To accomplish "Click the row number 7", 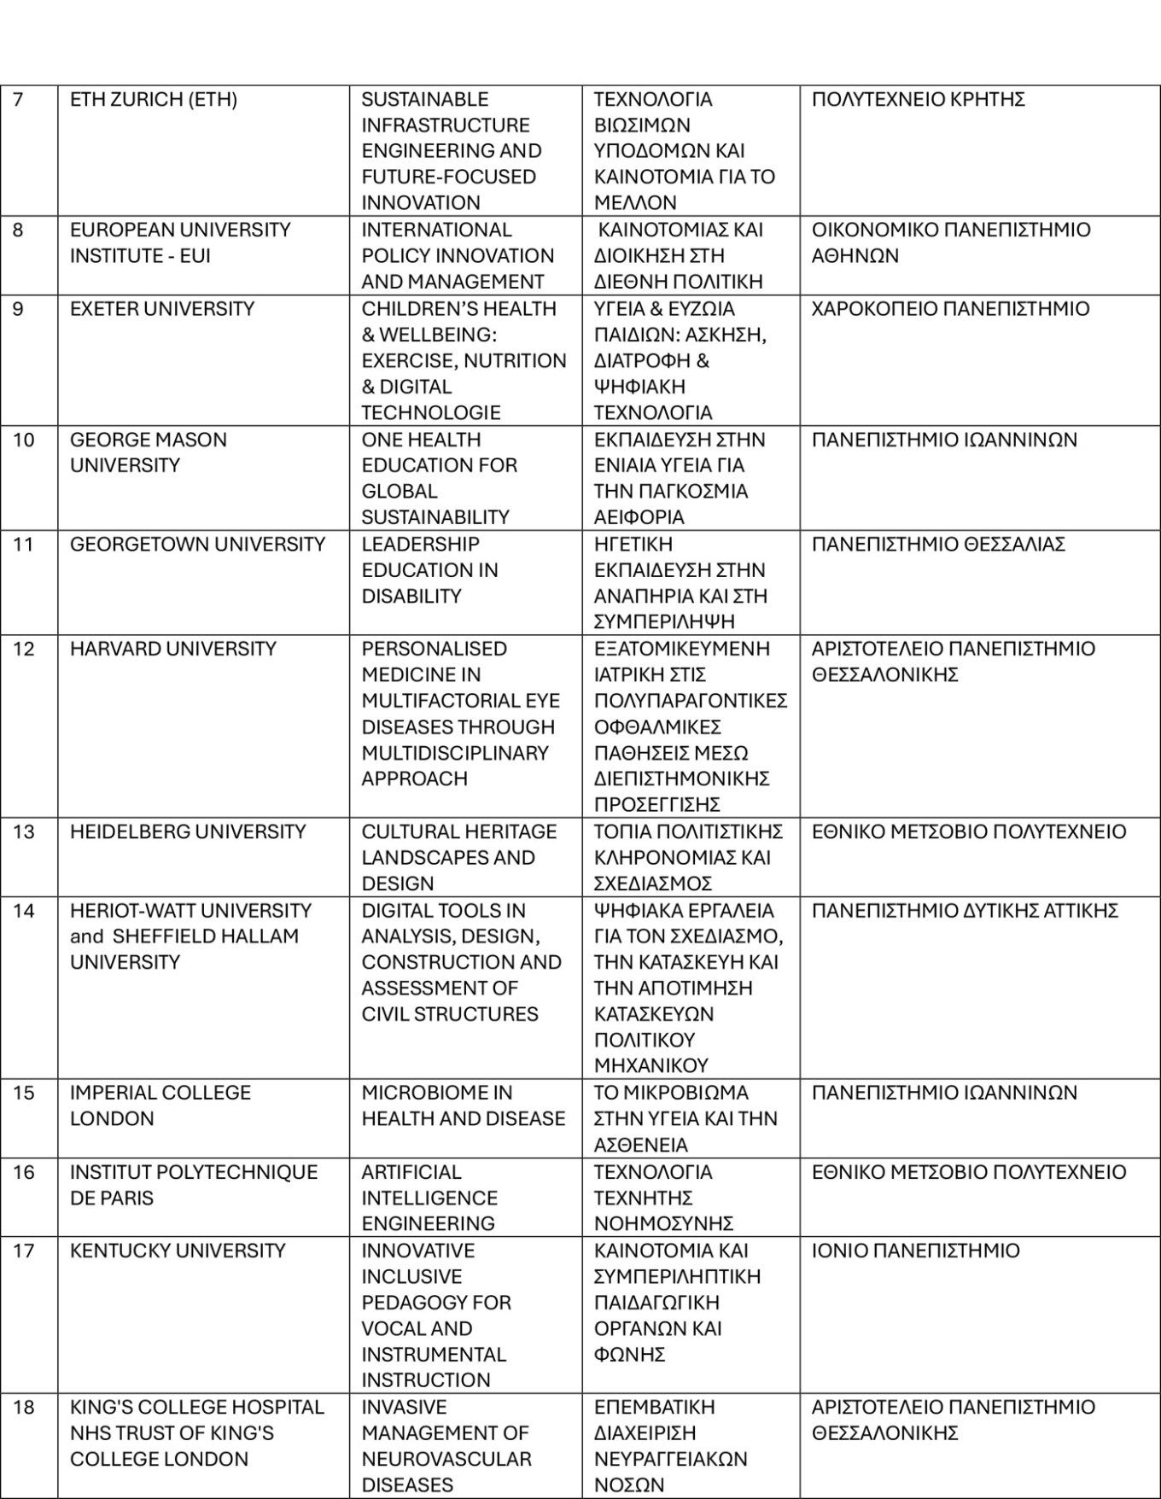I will click(19, 100).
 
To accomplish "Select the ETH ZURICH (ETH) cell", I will click(154, 100).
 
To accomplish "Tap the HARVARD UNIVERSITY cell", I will click(173, 649).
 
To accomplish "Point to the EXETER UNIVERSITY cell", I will click(162, 309).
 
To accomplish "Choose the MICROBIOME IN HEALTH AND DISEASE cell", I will click(464, 1105).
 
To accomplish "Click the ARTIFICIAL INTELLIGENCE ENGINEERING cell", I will click(429, 1198).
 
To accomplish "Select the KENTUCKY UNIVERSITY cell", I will click(178, 1251).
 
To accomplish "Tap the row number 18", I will click(24, 1407).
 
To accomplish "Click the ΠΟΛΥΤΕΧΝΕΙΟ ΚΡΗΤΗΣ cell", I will click(919, 100).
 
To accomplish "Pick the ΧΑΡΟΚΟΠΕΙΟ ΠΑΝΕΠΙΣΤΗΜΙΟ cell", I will click(950, 309).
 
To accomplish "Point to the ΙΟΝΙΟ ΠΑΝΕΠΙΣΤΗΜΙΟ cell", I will click(915, 1251).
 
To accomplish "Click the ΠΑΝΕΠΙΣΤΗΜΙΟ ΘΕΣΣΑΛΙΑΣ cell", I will click(938, 545).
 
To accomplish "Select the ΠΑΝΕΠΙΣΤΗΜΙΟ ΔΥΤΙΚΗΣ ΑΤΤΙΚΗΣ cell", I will click(965, 911).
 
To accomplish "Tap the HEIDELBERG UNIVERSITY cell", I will click(188, 832).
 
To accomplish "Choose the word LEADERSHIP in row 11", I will click(421, 545).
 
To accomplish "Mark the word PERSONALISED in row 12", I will click(435, 649).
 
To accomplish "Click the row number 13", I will click(24, 832).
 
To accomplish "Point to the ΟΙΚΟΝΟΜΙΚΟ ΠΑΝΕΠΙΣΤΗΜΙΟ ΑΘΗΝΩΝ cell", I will click(951, 243).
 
